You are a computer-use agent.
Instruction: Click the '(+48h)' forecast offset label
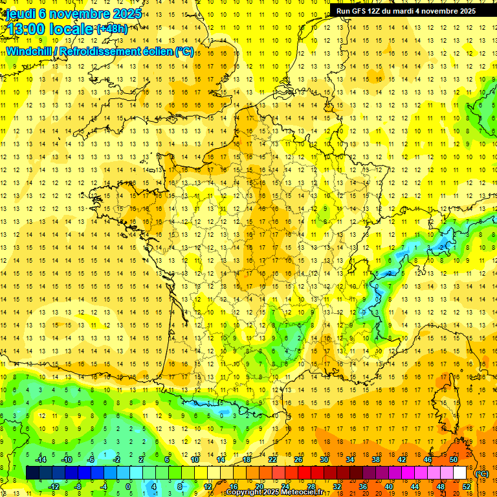111,29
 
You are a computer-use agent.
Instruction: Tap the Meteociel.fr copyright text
274,492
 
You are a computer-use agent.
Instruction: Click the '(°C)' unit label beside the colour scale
481,474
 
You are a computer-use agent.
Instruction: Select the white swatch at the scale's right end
459,473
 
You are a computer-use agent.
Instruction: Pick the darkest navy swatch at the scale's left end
32,473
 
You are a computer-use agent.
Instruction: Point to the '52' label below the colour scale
467,487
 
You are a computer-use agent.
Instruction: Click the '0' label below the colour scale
127,487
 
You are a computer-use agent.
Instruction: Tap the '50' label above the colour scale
453,459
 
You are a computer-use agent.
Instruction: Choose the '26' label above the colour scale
298,459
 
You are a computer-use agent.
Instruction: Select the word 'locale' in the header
71,29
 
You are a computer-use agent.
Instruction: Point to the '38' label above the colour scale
375,459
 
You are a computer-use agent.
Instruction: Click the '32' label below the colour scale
337,487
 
